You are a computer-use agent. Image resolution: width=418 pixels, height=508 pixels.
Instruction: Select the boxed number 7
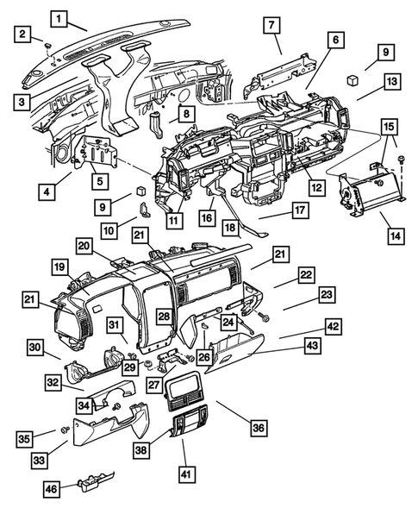click(x=270, y=26)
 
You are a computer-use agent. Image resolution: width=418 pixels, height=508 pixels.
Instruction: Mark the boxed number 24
click(x=228, y=321)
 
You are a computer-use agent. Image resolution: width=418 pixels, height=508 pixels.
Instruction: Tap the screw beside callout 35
click(x=64, y=429)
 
